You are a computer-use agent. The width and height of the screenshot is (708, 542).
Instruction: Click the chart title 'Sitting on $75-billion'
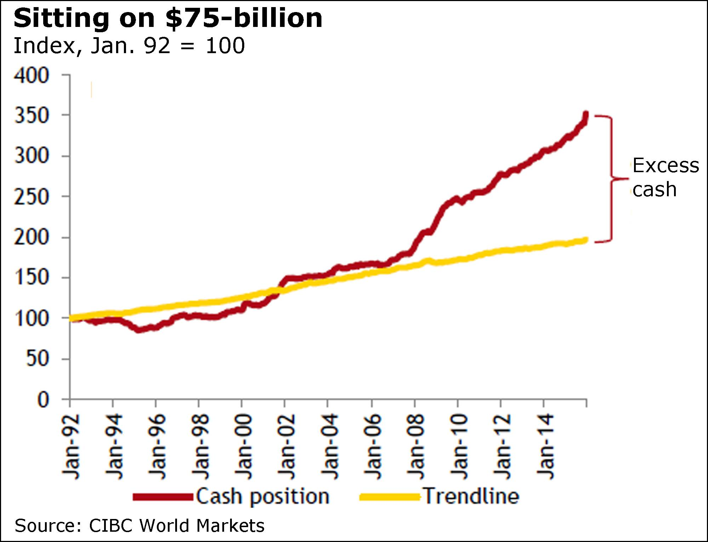point(168,18)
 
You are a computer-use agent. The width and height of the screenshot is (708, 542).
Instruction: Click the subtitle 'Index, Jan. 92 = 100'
point(129,46)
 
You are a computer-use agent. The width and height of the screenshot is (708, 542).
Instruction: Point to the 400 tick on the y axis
point(32,76)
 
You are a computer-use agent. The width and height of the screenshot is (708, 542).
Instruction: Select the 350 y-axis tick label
point(32,116)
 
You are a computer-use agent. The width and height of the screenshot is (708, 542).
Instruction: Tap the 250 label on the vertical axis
point(32,197)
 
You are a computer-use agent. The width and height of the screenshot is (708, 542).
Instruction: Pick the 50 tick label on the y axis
point(37,359)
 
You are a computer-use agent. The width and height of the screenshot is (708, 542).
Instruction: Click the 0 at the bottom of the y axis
point(43,400)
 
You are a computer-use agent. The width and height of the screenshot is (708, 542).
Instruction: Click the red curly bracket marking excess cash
point(612,179)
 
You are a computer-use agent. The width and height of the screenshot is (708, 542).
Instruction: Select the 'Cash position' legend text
point(263,497)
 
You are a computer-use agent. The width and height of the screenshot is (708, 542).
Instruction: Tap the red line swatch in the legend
point(163,497)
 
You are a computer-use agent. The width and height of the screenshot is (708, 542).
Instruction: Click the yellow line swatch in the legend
point(389,497)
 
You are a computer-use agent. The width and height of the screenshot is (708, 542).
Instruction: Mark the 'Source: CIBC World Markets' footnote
point(139,525)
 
